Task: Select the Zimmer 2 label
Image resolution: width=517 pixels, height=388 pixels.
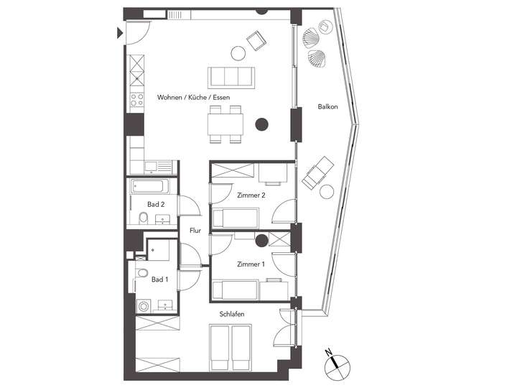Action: [x=251, y=195]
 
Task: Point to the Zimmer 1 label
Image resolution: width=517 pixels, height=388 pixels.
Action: [x=251, y=264]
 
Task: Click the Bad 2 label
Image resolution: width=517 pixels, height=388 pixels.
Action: [x=156, y=205]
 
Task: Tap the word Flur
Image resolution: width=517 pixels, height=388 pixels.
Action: [x=195, y=231]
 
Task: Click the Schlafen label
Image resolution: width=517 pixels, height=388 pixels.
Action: [x=233, y=314]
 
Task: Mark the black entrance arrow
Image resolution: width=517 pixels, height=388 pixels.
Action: [x=119, y=32]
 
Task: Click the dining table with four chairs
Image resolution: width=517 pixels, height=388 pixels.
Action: [x=225, y=124]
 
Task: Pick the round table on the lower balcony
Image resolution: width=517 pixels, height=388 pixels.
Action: [x=327, y=192]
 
